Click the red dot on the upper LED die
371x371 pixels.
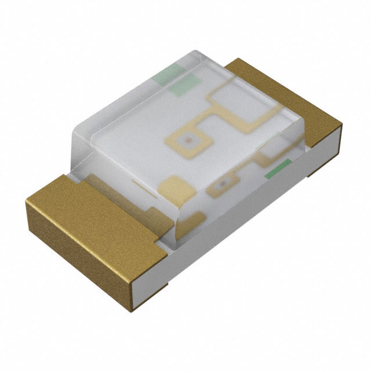coord(187,139)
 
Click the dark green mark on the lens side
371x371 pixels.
coord(277,170)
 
